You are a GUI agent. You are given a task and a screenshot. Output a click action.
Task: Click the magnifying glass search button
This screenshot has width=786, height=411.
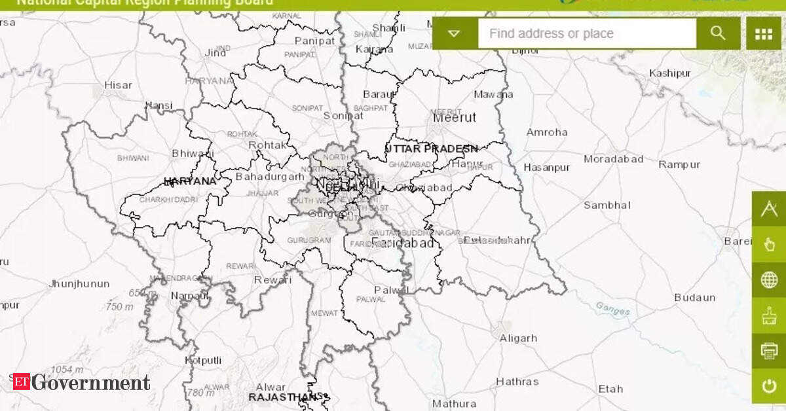[718, 33]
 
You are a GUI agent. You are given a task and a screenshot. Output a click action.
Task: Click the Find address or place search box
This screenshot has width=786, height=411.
[586, 33]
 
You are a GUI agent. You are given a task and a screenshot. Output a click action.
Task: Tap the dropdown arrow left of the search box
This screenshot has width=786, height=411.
[455, 33]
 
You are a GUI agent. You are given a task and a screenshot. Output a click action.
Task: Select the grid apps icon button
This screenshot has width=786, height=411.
[764, 33]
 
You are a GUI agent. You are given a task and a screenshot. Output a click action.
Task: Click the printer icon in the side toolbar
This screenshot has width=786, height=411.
[769, 351]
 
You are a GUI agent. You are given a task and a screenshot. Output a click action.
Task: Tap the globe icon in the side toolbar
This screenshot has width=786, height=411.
[769, 280]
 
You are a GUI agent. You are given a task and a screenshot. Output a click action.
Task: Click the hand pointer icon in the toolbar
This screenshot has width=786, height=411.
[769, 245]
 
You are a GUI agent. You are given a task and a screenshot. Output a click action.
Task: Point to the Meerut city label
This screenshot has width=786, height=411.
[455, 118]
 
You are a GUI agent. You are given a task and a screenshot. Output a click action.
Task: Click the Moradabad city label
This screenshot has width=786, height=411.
[614, 159]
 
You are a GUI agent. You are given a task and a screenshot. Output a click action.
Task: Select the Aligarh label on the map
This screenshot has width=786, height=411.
[518, 338]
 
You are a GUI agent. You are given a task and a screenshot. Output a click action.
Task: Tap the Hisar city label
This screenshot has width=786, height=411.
[118, 85]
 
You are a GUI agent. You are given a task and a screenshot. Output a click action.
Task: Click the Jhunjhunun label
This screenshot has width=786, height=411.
[79, 284]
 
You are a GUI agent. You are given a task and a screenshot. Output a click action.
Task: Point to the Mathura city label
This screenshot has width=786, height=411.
[454, 403]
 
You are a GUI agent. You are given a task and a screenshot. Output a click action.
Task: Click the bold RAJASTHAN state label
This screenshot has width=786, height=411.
[283, 397]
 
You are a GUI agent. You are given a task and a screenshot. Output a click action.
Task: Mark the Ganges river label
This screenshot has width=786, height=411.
[612, 308]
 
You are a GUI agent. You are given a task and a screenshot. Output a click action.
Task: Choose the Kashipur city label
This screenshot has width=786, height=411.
[669, 73]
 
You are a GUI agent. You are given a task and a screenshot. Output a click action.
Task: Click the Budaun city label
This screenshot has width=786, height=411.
[695, 298]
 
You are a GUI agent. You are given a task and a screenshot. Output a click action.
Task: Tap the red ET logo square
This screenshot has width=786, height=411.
[20, 382]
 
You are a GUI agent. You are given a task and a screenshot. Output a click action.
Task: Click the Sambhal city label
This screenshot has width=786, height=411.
[607, 205]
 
